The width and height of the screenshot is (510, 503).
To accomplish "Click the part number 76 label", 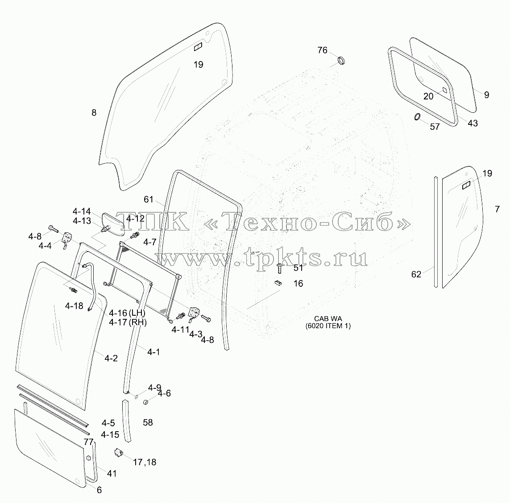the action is pos(322,50).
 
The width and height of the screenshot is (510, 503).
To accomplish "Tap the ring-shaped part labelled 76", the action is pos(341,61).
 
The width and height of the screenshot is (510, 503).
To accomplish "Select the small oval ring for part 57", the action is pos(417,117).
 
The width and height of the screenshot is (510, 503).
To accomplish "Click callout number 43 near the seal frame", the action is pos(473,123).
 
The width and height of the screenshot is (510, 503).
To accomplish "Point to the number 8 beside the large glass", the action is pos(94,112).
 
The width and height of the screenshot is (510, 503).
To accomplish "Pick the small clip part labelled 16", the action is pos(278,282).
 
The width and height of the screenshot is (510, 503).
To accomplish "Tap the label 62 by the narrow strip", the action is pos(416,274).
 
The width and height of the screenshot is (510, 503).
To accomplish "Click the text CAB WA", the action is pos(328,319).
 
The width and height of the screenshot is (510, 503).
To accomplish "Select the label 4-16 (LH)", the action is pos(127,313).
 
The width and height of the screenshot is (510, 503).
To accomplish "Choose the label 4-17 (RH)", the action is pos(128,322).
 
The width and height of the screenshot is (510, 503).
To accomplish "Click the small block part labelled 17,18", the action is pos(118,452).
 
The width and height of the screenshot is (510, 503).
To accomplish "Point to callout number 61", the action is pos(148,199).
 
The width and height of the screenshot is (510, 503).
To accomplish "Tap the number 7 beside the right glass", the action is pos(497,209).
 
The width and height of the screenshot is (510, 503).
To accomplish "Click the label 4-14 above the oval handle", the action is pos(82,211).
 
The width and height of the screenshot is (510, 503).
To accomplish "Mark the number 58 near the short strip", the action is pos(148,422).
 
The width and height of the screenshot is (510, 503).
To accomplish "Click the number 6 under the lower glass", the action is pos(99,490).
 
